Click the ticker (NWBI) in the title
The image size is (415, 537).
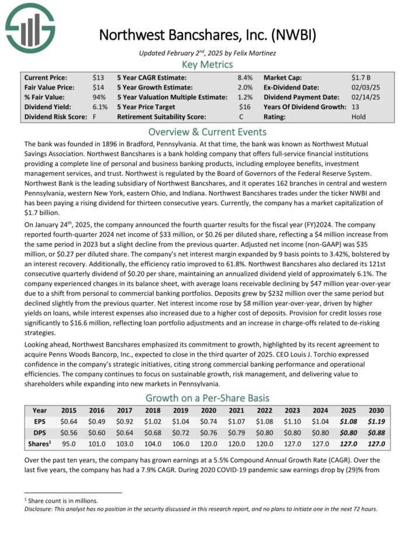point(292,34)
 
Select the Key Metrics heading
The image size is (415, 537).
point(207,64)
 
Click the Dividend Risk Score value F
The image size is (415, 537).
point(95,117)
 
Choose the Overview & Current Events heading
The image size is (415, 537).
point(207,131)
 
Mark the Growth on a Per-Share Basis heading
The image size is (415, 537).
point(207,399)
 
